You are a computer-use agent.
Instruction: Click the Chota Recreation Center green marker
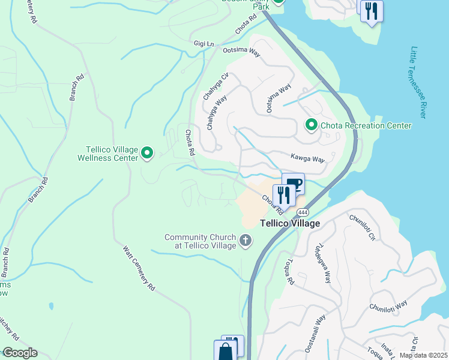[x=311, y=125]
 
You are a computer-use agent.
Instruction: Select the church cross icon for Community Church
[x=245, y=241]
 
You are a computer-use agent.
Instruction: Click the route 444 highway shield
[x=302, y=212]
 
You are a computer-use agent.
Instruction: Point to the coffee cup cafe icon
[x=294, y=183]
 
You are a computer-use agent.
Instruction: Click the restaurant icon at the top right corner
[x=372, y=11]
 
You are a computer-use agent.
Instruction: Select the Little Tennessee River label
[x=418, y=82]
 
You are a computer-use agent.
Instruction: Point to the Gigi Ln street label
[x=203, y=44]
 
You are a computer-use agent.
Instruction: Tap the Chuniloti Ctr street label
[x=362, y=228]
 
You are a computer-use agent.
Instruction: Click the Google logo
[x=19, y=353]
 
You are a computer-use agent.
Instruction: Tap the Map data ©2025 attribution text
[x=423, y=355]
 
